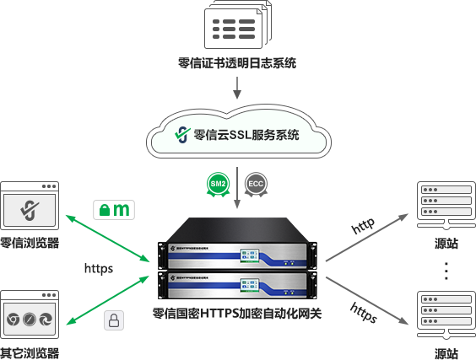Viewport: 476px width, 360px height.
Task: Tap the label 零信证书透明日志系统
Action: click(x=237, y=63)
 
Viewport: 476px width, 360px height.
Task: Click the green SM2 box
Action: click(x=218, y=183)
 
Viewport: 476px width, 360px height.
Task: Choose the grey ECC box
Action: click(x=257, y=183)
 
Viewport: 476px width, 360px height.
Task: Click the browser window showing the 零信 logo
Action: click(x=30, y=205)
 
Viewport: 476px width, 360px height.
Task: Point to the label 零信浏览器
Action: click(x=30, y=244)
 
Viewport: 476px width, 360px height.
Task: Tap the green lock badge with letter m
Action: click(x=115, y=209)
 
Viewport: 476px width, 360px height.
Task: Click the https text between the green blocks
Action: click(x=99, y=269)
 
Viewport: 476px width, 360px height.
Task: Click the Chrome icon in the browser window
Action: click(x=14, y=320)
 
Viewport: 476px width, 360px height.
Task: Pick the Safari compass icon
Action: click(x=30, y=320)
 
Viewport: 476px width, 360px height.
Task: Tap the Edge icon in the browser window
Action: click(x=47, y=320)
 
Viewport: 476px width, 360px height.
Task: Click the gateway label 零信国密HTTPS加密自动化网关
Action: click(x=237, y=313)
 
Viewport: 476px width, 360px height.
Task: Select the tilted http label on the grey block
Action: click(x=363, y=226)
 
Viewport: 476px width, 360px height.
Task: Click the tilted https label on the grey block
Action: click(x=363, y=313)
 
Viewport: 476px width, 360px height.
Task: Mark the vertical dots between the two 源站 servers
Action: click(x=446, y=271)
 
